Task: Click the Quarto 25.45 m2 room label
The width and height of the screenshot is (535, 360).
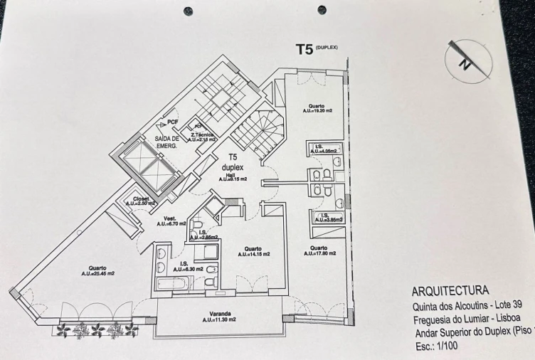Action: [97, 270]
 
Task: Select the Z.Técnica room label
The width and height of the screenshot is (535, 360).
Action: [203, 137]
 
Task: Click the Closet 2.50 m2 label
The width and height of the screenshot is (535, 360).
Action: [140, 201]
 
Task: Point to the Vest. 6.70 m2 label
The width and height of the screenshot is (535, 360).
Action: [171, 221]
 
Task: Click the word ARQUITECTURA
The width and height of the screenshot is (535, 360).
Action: [450, 291]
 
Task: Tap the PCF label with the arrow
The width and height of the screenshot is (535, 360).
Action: [171, 122]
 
